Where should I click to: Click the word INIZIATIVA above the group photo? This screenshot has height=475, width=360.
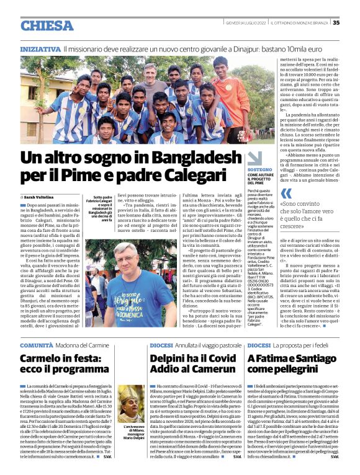[x=40, y=48]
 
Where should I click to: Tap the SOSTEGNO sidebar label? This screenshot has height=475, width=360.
[x=259, y=152]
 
